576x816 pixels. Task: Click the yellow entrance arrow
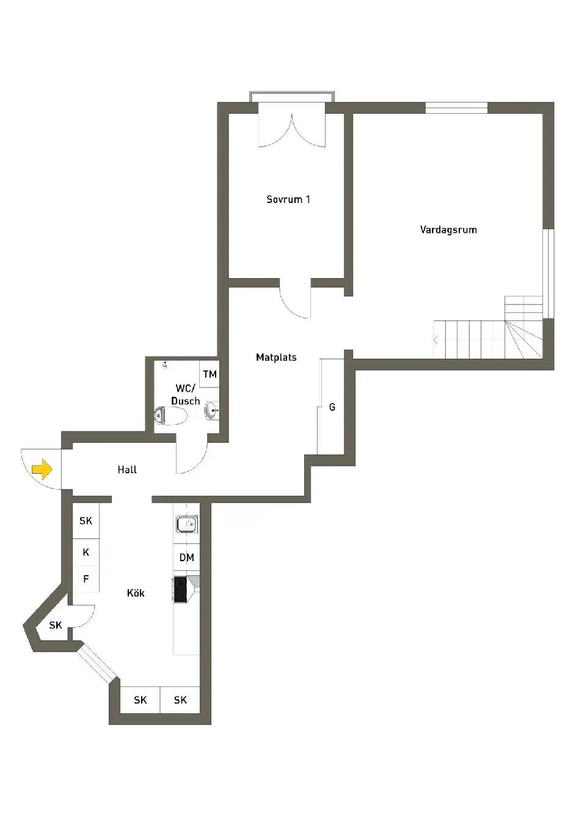click(42, 469)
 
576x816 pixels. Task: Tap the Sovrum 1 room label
click(288, 199)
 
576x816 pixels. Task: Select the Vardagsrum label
click(448, 230)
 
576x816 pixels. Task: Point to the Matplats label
click(276, 358)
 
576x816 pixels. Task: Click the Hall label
click(127, 469)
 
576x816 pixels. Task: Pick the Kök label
click(136, 593)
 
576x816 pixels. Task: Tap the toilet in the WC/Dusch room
click(170, 416)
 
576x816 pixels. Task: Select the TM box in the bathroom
click(210, 374)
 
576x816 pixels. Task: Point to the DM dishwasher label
click(186, 557)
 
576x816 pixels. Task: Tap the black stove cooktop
click(180, 590)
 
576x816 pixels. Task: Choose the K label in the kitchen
click(86, 553)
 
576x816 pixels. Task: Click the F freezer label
click(86, 578)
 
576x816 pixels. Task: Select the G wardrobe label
click(332, 407)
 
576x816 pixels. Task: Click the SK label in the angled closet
click(56, 625)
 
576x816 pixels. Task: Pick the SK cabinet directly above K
click(86, 521)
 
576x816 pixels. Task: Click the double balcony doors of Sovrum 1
click(291, 130)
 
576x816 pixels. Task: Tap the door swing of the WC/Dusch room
click(192, 458)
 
